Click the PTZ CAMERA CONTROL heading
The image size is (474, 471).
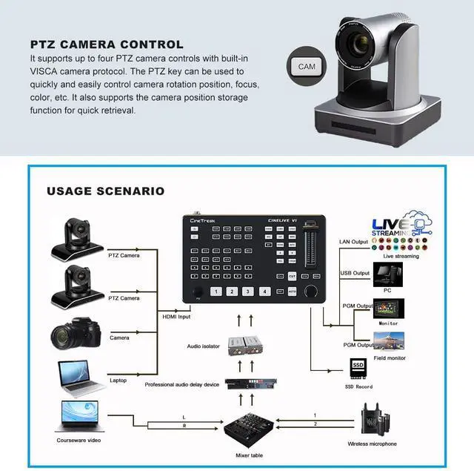(x=107, y=45)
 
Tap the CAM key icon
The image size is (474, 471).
(x=307, y=66)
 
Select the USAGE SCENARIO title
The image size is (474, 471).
(x=106, y=191)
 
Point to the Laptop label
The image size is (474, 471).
(x=118, y=380)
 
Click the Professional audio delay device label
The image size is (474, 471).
(x=181, y=384)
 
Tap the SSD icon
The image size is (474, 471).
(x=358, y=368)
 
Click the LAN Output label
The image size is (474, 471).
(x=353, y=242)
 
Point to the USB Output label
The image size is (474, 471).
(x=354, y=274)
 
